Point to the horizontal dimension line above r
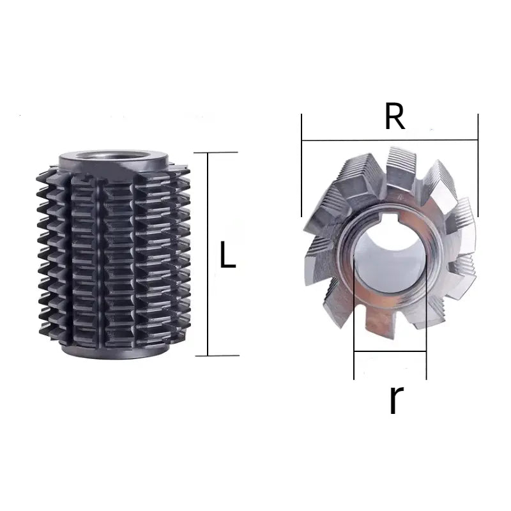tap(390, 351)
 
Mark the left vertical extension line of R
tap(301, 166)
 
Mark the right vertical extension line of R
tap(478, 166)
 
